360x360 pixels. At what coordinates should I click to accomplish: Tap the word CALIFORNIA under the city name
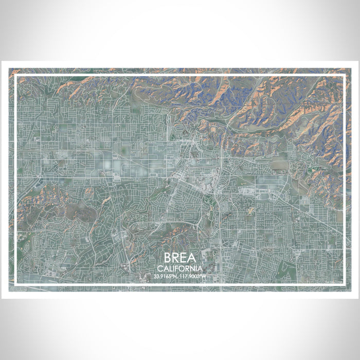point(180,268)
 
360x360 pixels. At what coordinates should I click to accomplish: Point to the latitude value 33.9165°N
point(166,277)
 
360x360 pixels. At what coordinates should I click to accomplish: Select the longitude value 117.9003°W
point(194,277)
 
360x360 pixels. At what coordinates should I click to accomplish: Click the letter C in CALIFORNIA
point(161,268)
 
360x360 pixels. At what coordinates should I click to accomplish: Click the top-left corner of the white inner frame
point(16,76)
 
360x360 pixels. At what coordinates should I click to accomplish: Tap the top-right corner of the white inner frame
point(344,76)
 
